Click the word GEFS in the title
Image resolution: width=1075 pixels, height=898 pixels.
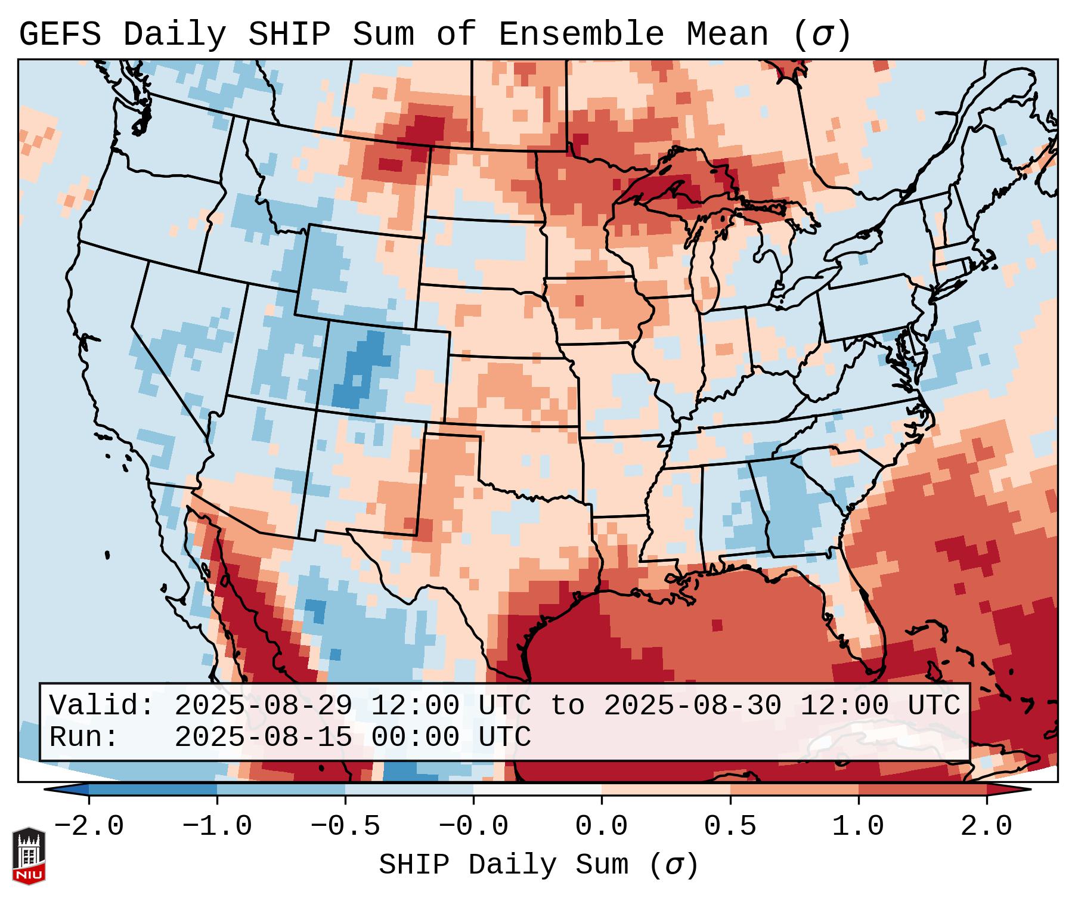point(60,35)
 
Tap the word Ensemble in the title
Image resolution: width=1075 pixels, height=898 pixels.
point(581,35)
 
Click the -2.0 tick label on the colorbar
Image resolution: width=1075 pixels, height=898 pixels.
point(89,826)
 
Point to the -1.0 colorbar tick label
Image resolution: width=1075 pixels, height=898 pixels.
point(217,826)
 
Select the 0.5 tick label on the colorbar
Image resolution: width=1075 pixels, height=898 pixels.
point(730,826)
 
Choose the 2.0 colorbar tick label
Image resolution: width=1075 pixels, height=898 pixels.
point(987,826)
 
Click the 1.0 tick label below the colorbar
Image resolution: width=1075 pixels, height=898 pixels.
point(859,826)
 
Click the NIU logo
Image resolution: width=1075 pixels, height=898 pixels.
point(29,856)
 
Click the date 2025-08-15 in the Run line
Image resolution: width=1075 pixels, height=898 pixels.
point(263,737)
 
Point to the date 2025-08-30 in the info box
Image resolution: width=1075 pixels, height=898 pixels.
point(692,706)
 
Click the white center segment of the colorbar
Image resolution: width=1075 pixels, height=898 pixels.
point(537,789)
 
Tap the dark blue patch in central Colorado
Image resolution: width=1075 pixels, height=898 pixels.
point(361,370)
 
